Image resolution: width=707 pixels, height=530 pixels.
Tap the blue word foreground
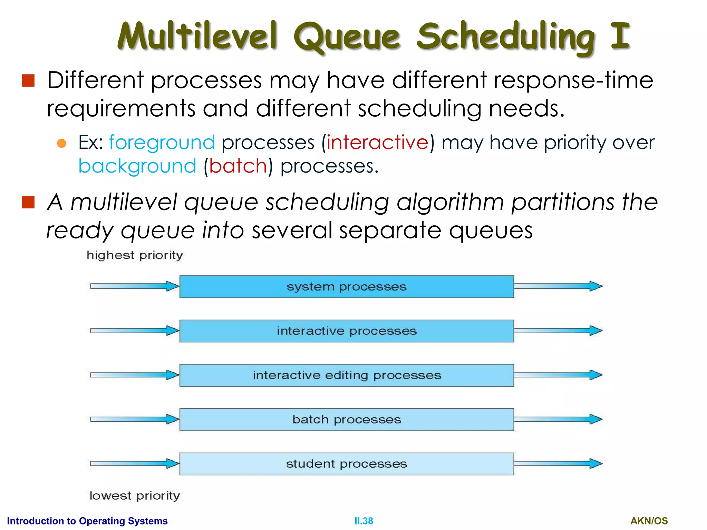[162, 143]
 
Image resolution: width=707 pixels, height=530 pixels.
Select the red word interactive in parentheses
[377, 143]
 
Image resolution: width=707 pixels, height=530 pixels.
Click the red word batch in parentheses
[238, 166]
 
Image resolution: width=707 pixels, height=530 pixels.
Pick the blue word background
[137, 166]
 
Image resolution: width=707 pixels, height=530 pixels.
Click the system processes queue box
[346, 287]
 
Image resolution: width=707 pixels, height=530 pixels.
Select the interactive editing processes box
[346, 375]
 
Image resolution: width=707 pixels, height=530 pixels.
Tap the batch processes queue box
[346, 420]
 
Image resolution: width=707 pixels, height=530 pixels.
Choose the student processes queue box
[346, 464]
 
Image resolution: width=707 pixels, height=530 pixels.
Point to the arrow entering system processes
[135, 286]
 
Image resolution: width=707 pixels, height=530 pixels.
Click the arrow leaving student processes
[558, 463]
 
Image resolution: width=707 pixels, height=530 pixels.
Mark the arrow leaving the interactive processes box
[558, 331]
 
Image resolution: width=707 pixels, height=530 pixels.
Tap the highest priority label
[135, 255]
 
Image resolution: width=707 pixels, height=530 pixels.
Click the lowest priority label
[135, 496]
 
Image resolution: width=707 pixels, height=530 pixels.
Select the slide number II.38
[364, 521]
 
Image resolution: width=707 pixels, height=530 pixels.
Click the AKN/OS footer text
[649, 521]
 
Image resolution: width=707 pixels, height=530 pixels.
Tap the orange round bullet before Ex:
[61, 143]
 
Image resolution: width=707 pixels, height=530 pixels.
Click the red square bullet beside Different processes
[28, 80]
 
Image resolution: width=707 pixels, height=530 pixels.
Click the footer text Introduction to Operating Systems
[87, 521]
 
